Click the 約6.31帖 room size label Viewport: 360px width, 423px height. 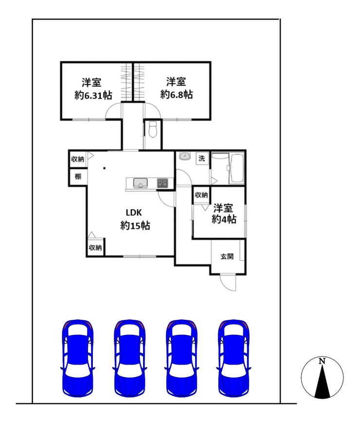pos(93,95)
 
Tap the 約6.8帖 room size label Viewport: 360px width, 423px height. pos(177,95)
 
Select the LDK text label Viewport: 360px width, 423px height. pos(134,213)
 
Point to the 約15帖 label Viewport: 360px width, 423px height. pos(135,225)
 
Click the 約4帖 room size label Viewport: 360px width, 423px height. pos(224,220)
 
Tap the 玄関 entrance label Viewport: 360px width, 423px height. pos(227,256)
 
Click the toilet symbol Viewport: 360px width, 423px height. pos(153,129)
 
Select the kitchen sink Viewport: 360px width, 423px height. pos(140,183)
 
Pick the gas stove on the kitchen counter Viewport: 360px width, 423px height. pos(162,183)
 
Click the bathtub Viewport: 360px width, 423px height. pos(236,168)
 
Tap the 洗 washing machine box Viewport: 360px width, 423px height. pos(202,158)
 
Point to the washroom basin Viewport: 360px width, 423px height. pos(184,156)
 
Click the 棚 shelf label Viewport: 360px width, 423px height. pos(78,177)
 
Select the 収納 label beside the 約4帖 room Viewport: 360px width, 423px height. pos(201,195)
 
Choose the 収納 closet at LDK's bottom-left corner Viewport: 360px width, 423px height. pos(95,247)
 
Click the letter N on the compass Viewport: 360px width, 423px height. pos(322,361)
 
